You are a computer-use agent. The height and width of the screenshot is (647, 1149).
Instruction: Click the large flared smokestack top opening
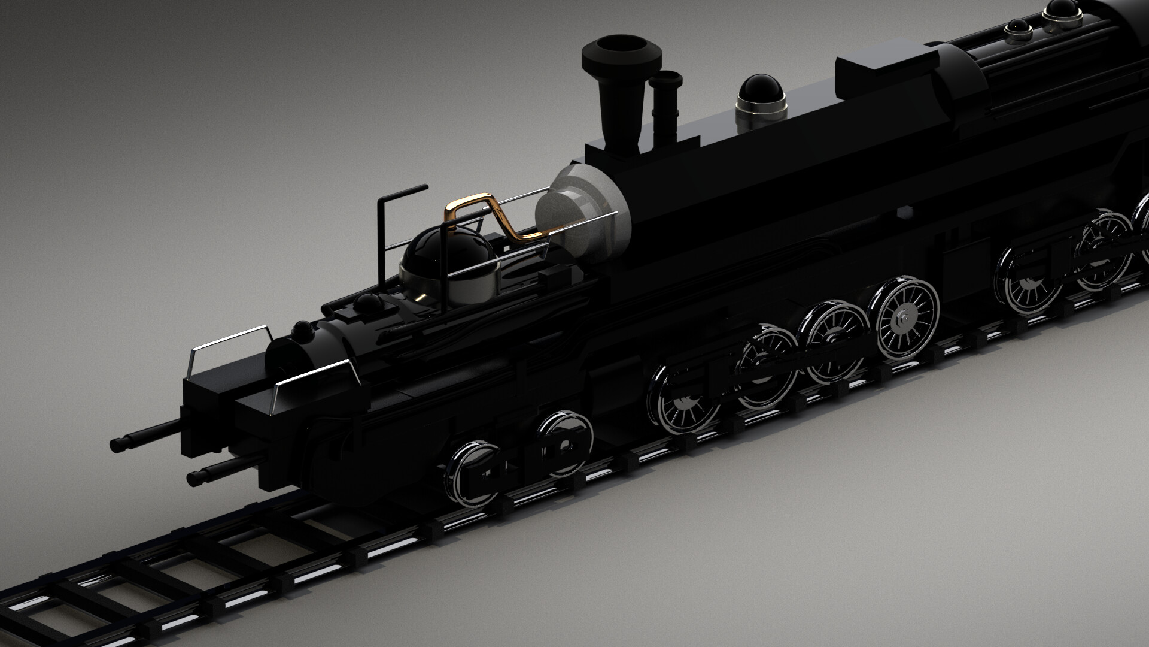pos(621,48)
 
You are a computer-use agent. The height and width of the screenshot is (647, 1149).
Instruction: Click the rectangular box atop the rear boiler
pos(886,68)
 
